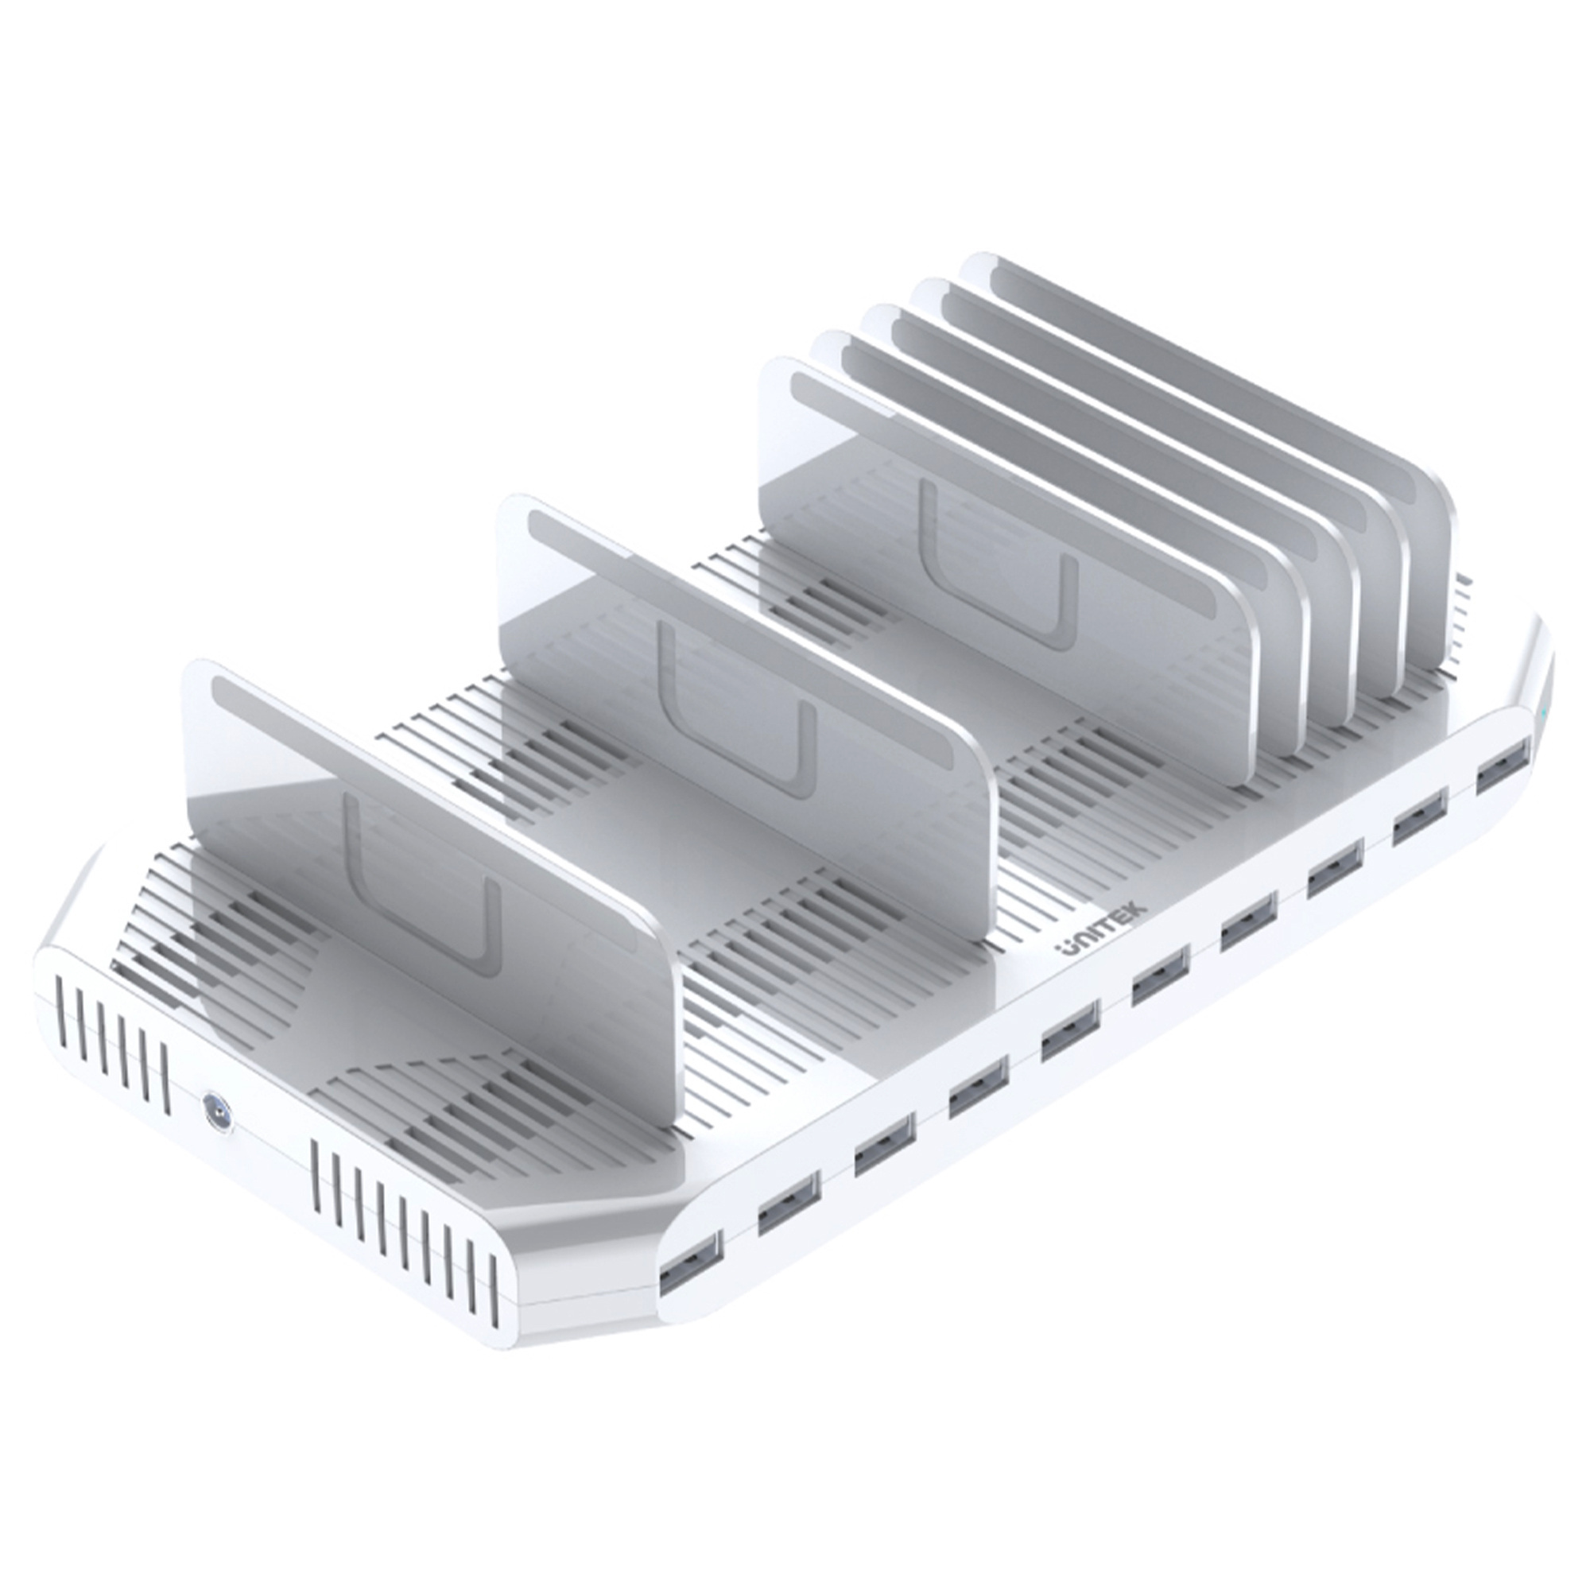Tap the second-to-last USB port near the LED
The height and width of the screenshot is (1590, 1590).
tap(1420, 817)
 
